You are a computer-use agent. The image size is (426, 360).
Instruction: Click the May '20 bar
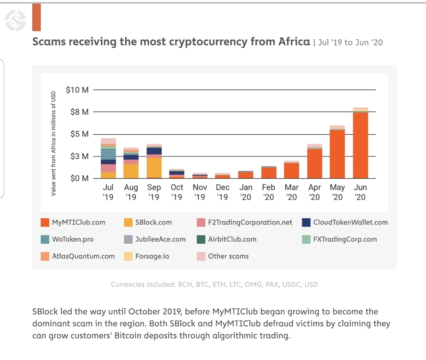pyautogui.click(x=337, y=154)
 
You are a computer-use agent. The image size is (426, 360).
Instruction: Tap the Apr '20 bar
pyautogui.click(x=315, y=163)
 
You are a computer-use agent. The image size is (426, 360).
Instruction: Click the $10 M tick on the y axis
pyautogui.click(x=77, y=90)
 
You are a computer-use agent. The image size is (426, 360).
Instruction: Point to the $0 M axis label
pyautogui.click(x=79, y=178)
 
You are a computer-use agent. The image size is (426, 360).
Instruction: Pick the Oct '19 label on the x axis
pyautogui.click(x=177, y=192)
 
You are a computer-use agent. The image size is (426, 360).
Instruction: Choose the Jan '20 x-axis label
pyautogui.click(x=246, y=192)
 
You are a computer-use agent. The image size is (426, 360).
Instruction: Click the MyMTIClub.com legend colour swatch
pyautogui.click(x=45, y=223)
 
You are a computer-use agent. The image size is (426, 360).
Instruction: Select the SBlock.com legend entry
pyautogui.click(x=153, y=223)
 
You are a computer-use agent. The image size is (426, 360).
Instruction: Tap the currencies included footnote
pyautogui.click(x=214, y=284)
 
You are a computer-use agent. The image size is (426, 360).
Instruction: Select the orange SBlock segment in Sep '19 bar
pyautogui.click(x=154, y=168)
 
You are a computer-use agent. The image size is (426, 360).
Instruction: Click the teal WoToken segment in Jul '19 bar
pyautogui.click(x=108, y=155)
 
